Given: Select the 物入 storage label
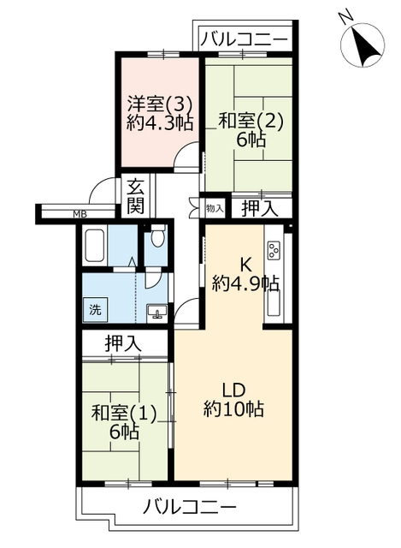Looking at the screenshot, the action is point(215,209).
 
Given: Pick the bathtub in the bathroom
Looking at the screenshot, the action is point(94,246).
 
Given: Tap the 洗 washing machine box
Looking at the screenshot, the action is point(95,310).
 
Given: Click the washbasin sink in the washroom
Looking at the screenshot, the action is point(157,312).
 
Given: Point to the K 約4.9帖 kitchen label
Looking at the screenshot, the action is point(245,276).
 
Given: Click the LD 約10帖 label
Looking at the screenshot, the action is point(233,400).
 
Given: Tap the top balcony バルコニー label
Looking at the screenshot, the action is point(244,39).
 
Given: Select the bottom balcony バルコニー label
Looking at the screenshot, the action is point(190,506).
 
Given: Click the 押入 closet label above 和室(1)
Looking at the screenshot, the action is point(123,343).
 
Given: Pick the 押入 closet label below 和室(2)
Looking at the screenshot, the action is point(260,209).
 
